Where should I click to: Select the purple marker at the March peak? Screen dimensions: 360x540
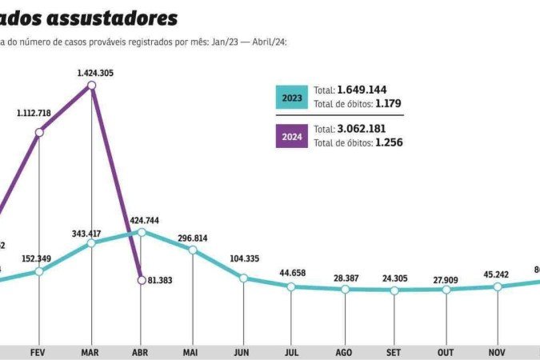tap(91, 85)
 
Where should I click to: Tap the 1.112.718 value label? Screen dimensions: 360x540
tap(34, 114)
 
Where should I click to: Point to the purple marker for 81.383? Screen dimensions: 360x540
tap(142, 279)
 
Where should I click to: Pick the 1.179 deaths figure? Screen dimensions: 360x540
tap(388, 103)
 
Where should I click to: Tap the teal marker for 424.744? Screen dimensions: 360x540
tap(142, 232)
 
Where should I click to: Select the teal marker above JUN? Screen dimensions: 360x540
tap(243, 278)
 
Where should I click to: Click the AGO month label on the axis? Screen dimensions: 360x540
tap(344, 351)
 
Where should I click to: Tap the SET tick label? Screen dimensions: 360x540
tap(394, 351)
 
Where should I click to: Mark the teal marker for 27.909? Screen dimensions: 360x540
tap(446, 289)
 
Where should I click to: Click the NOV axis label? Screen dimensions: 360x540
tap(497, 351)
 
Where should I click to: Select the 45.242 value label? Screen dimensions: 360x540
tap(496, 274)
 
